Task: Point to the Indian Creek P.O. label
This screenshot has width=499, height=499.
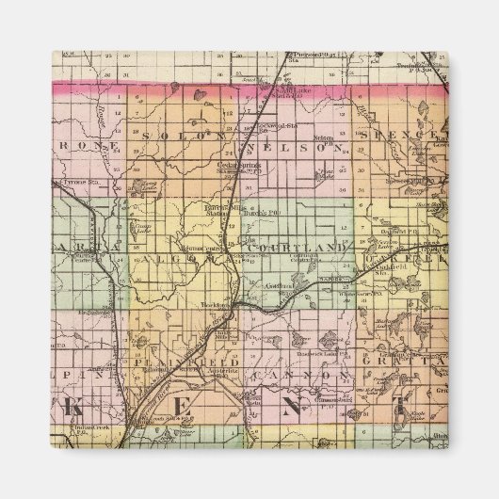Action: point(90,427)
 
